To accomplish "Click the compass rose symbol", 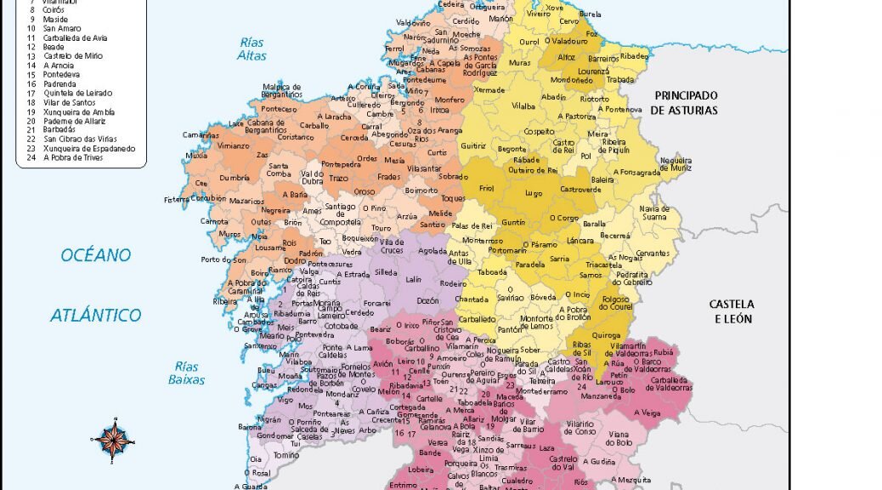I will pyautogui.click(x=112, y=439).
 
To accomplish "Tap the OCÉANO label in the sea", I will pyautogui.click(x=96, y=255).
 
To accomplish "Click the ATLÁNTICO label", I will pyautogui.click(x=96, y=316).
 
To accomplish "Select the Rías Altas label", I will pyautogui.click(x=252, y=49).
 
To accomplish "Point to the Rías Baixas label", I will pyautogui.click(x=187, y=373).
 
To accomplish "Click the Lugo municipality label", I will pyautogui.click(x=534, y=193).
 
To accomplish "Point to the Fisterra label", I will pyautogui.click(x=178, y=200).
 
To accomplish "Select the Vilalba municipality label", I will pyautogui.click(x=523, y=106).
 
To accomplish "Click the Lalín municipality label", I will pyautogui.click(x=414, y=279).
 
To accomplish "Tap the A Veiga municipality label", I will pyautogui.click(x=647, y=413).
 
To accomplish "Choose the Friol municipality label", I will pyautogui.click(x=486, y=189).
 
